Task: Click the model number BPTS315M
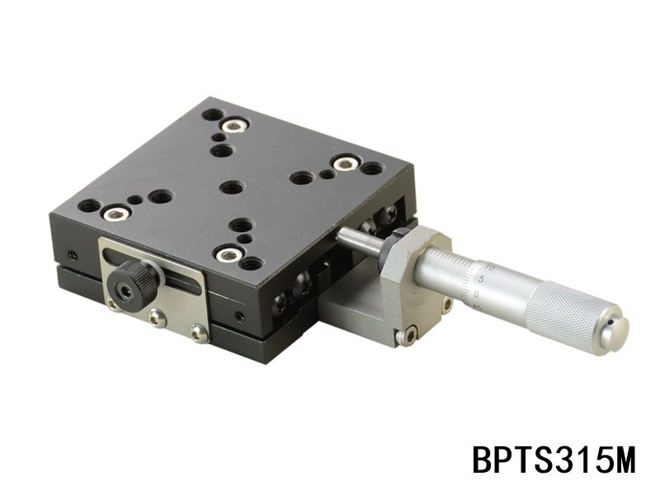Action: (x=554, y=460)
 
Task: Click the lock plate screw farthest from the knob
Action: (x=198, y=332)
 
